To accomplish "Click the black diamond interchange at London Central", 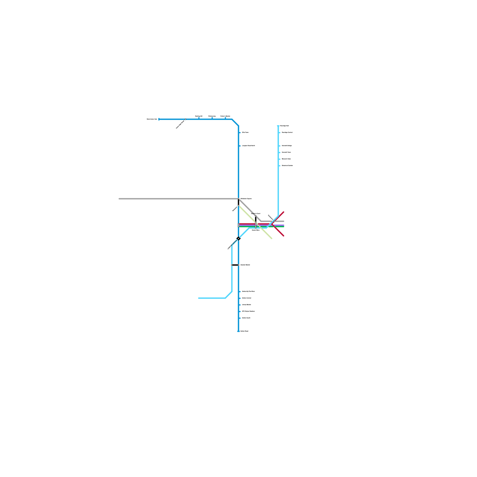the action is click(238, 238).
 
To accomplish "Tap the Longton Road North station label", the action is click(248, 146).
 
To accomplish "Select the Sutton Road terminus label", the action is click(244, 331).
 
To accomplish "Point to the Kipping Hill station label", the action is click(199, 116).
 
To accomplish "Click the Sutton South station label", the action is click(246, 318).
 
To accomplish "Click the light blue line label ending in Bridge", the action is click(286, 146).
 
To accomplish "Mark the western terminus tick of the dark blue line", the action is click(159, 119).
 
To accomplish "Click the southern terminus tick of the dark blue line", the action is click(238, 331).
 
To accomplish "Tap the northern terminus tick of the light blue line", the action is click(278, 126).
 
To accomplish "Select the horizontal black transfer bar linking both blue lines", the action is click(235, 265).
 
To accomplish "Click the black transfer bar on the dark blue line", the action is click(238, 202).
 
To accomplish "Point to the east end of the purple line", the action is click(284, 225).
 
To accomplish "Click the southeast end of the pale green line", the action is click(272, 238).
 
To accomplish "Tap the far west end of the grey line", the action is click(119, 199).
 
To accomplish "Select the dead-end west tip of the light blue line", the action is click(199, 298).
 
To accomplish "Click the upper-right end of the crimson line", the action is click(284, 212).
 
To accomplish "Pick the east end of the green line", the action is click(284, 227).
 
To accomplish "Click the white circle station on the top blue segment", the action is click(185, 119).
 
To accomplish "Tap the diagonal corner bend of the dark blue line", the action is click(235, 123).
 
